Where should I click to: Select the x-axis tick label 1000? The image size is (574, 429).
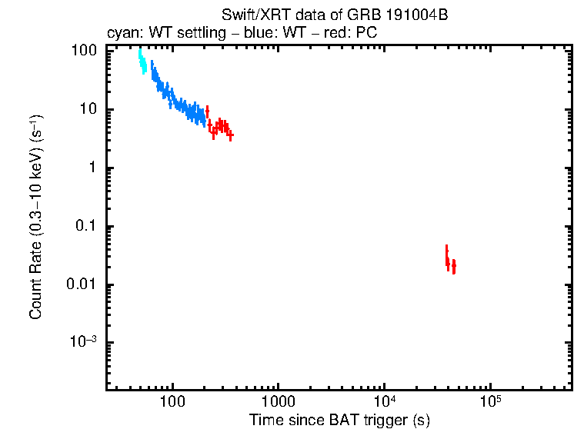tap(279, 401)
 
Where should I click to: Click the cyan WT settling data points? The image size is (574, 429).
tap(142, 62)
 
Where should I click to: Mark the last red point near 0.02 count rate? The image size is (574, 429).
tap(454, 266)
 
